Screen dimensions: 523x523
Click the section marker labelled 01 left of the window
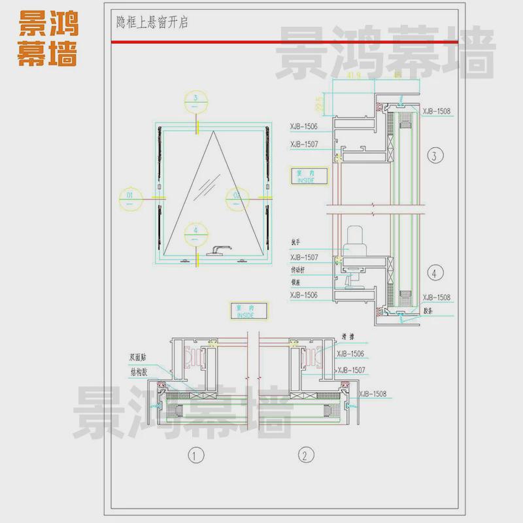130,195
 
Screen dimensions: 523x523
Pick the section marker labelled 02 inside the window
237,195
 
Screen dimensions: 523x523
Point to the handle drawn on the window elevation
219,249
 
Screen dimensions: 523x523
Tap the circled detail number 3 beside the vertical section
435,156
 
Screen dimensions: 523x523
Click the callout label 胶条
429,312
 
